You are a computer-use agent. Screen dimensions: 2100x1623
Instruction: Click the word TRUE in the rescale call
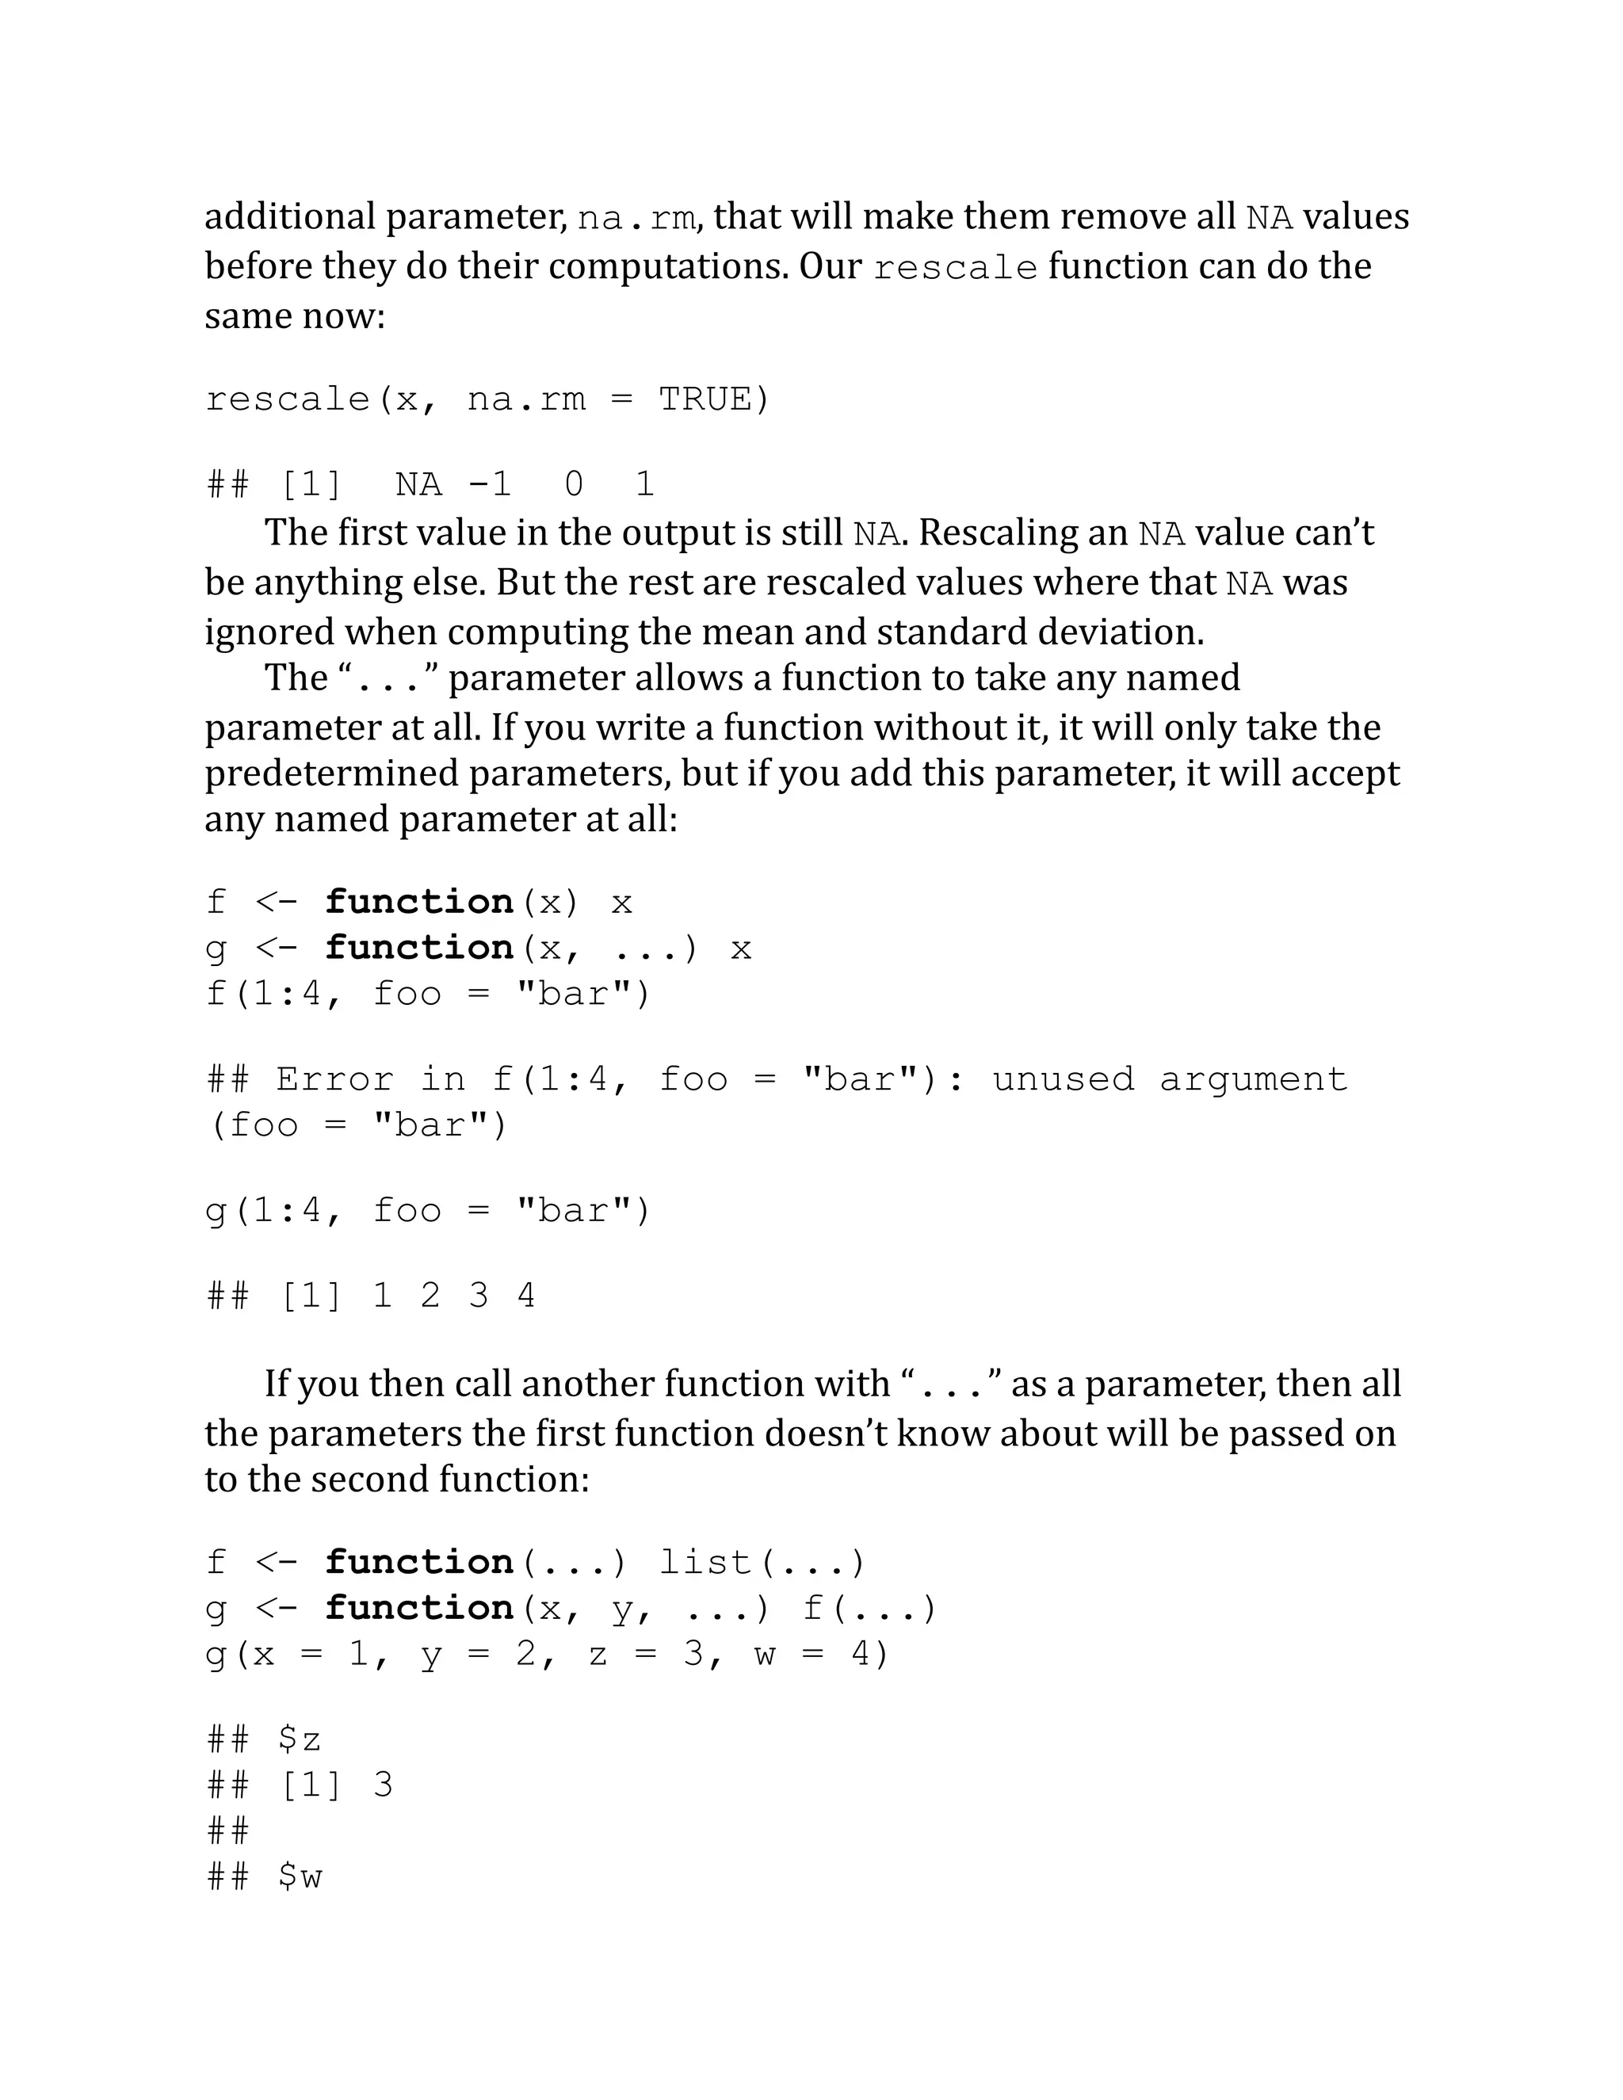[x=712, y=399]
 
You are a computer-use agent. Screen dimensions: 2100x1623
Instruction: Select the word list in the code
[x=705, y=1562]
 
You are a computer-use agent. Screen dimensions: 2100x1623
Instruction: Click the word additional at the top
[x=289, y=217]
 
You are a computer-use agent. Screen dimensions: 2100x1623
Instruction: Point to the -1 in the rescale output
[x=490, y=483]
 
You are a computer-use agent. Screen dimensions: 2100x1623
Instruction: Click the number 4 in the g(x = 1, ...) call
[x=861, y=1654]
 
